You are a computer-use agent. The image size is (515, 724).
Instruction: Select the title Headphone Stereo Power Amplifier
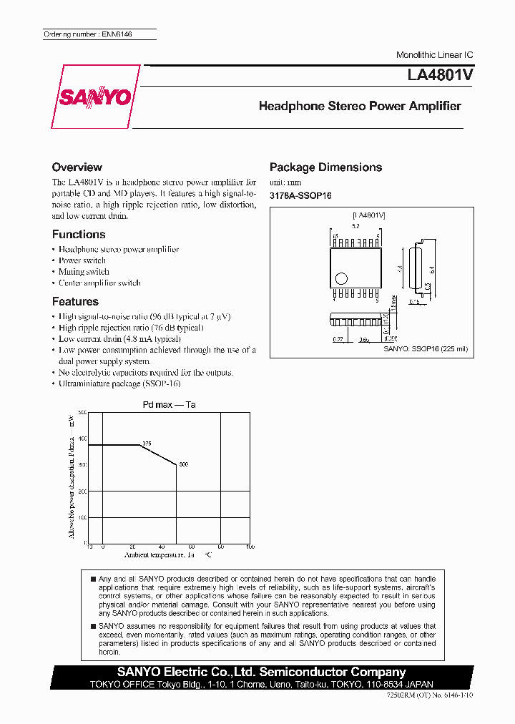(359, 106)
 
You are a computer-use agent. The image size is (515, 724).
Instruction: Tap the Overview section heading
(77, 167)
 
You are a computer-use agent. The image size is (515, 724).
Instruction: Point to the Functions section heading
(78, 235)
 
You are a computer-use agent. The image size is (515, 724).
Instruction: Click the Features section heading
(75, 302)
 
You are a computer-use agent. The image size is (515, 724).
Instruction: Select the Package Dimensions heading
(325, 167)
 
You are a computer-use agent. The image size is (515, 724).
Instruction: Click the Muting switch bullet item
(84, 272)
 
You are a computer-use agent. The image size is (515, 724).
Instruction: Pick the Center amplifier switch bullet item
(99, 283)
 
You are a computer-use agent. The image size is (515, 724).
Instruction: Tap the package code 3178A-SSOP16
(300, 195)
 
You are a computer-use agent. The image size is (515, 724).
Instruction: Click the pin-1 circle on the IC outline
(341, 278)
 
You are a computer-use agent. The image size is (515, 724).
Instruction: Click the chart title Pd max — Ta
(169, 405)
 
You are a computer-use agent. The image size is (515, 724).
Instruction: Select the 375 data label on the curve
(147, 444)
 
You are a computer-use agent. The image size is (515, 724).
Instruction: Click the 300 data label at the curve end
(183, 465)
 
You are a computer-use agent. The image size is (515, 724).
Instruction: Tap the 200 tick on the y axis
(82, 491)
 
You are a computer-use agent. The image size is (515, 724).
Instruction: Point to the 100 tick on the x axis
(250, 547)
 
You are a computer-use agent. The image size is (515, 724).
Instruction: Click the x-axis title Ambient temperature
(159, 554)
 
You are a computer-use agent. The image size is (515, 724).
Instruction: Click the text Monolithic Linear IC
(434, 55)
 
